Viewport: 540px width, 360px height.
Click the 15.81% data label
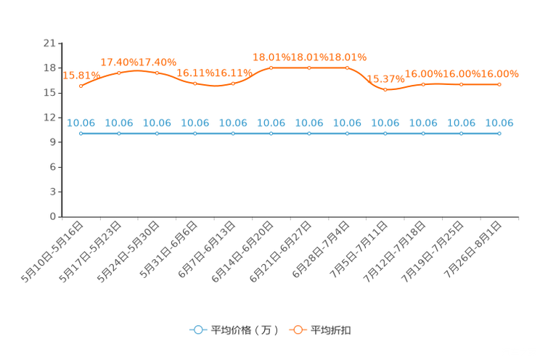81,75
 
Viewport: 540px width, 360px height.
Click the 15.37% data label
385,79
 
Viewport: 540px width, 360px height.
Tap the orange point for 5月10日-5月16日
81,86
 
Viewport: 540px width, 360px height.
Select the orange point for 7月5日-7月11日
385,89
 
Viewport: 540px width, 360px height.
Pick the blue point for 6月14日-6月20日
271,134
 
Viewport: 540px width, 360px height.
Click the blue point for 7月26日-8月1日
499,134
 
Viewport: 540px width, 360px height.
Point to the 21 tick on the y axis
49,43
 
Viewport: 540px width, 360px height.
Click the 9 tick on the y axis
53,142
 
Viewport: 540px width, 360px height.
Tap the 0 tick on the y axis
53,216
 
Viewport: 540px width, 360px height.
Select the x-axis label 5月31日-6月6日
169,250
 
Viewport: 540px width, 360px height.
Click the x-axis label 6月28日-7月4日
322,250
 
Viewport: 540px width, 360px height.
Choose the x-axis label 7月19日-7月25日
433,252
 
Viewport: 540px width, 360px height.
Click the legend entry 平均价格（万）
245,330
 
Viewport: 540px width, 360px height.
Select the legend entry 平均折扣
331,330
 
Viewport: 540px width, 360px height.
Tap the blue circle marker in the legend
198,330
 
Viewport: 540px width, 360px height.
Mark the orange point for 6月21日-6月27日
309,68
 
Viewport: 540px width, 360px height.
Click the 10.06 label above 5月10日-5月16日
81,123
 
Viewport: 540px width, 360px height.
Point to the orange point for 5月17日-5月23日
119,73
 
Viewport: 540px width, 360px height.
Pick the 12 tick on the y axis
49,118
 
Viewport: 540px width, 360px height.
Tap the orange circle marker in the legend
298,330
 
